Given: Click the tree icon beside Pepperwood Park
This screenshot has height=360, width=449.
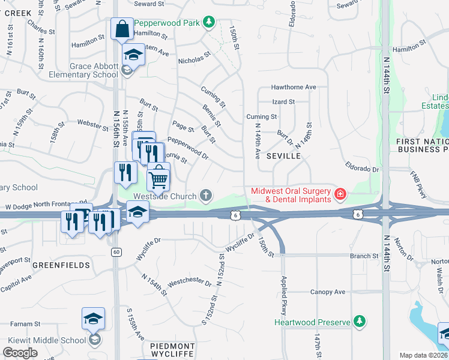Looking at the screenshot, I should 208,22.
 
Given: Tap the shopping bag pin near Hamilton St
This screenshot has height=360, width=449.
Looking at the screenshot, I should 122,28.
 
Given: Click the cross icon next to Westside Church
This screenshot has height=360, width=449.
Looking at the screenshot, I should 205,195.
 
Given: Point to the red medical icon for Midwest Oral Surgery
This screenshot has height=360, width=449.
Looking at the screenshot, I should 340,194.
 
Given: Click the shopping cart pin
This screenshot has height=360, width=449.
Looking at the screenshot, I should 158,177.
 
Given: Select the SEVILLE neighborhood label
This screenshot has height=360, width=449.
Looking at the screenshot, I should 283,155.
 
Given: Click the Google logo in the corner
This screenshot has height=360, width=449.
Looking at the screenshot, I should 20,352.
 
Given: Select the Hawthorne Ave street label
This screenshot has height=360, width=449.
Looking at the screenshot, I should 293,87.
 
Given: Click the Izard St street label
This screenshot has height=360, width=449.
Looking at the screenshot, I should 283,102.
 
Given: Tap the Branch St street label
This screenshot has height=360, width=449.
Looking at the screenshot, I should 364,256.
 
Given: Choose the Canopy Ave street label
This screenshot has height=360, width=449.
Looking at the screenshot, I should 328,292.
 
